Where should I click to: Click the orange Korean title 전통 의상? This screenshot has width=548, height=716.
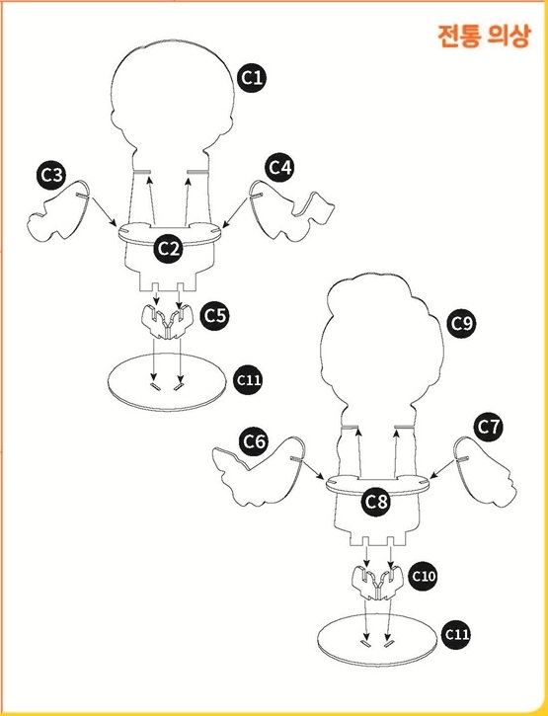(484, 36)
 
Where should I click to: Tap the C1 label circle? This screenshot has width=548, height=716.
(252, 78)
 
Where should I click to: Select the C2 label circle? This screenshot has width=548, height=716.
(169, 249)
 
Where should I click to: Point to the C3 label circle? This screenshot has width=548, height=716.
(51, 176)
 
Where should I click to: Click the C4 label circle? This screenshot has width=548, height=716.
(279, 168)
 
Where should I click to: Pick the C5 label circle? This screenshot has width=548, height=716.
(215, 315)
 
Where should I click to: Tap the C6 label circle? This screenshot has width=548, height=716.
(254, 441)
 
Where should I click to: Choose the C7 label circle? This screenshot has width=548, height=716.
(489, 427)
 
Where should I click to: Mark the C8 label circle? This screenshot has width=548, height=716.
(376, 503)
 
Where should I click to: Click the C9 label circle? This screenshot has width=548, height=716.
(461, 324)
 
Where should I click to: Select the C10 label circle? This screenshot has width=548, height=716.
(424, 577)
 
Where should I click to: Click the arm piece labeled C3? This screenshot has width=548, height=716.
(58, 212)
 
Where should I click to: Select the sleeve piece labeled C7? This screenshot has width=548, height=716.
(485, 470)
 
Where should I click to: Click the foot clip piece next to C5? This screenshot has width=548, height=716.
(166, 323)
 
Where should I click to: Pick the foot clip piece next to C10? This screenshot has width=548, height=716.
(377, 583)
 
